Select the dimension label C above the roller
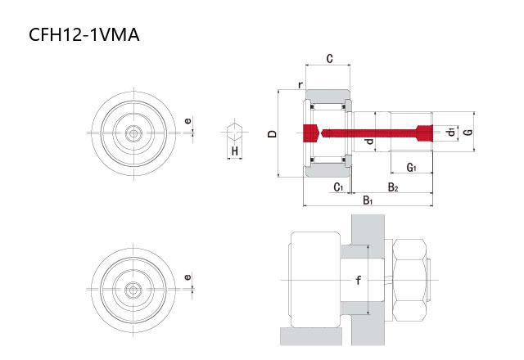(x=328, y=59)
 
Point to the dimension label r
(x=300, y=85)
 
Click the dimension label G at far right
(x=467, y=132)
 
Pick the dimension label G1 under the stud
(x=412, y=168)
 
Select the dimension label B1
(x=368, y=200)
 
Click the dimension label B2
(x=394, y=187)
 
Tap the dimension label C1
(x=338, y=187)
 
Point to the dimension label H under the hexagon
(x=234, y=152)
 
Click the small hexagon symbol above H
(x=234, y=131)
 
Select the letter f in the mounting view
(x=358, y=281)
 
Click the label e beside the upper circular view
(x=187, y=122)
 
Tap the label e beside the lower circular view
(x=187, y=277)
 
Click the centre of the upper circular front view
(x=132, y=133)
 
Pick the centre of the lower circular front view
(x=132, y=288)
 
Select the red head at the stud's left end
(x=309, y=133)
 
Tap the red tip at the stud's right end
(x=423, y=133)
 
